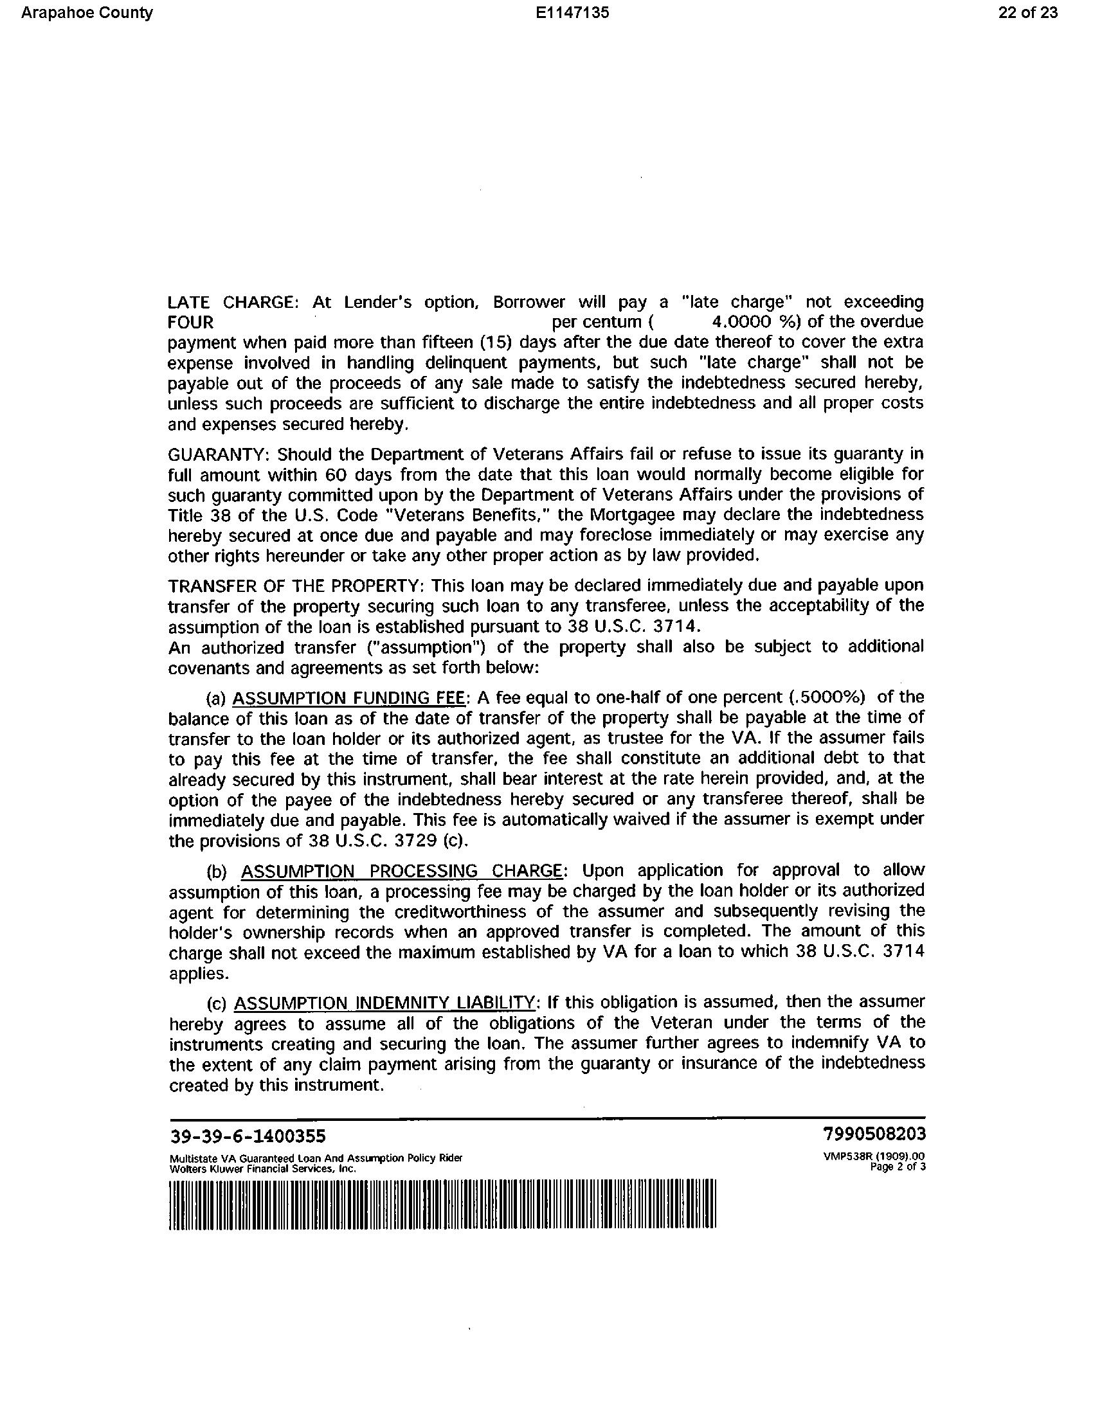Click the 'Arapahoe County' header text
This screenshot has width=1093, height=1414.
(87, 13)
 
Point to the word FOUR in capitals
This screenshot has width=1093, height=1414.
(190, 323)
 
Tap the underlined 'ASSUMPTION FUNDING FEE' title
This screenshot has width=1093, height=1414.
(348, 698)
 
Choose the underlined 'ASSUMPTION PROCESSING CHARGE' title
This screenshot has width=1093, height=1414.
(401, 871)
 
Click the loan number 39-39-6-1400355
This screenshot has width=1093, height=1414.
(248, 1136)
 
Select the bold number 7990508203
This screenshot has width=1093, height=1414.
(874, 1134)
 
